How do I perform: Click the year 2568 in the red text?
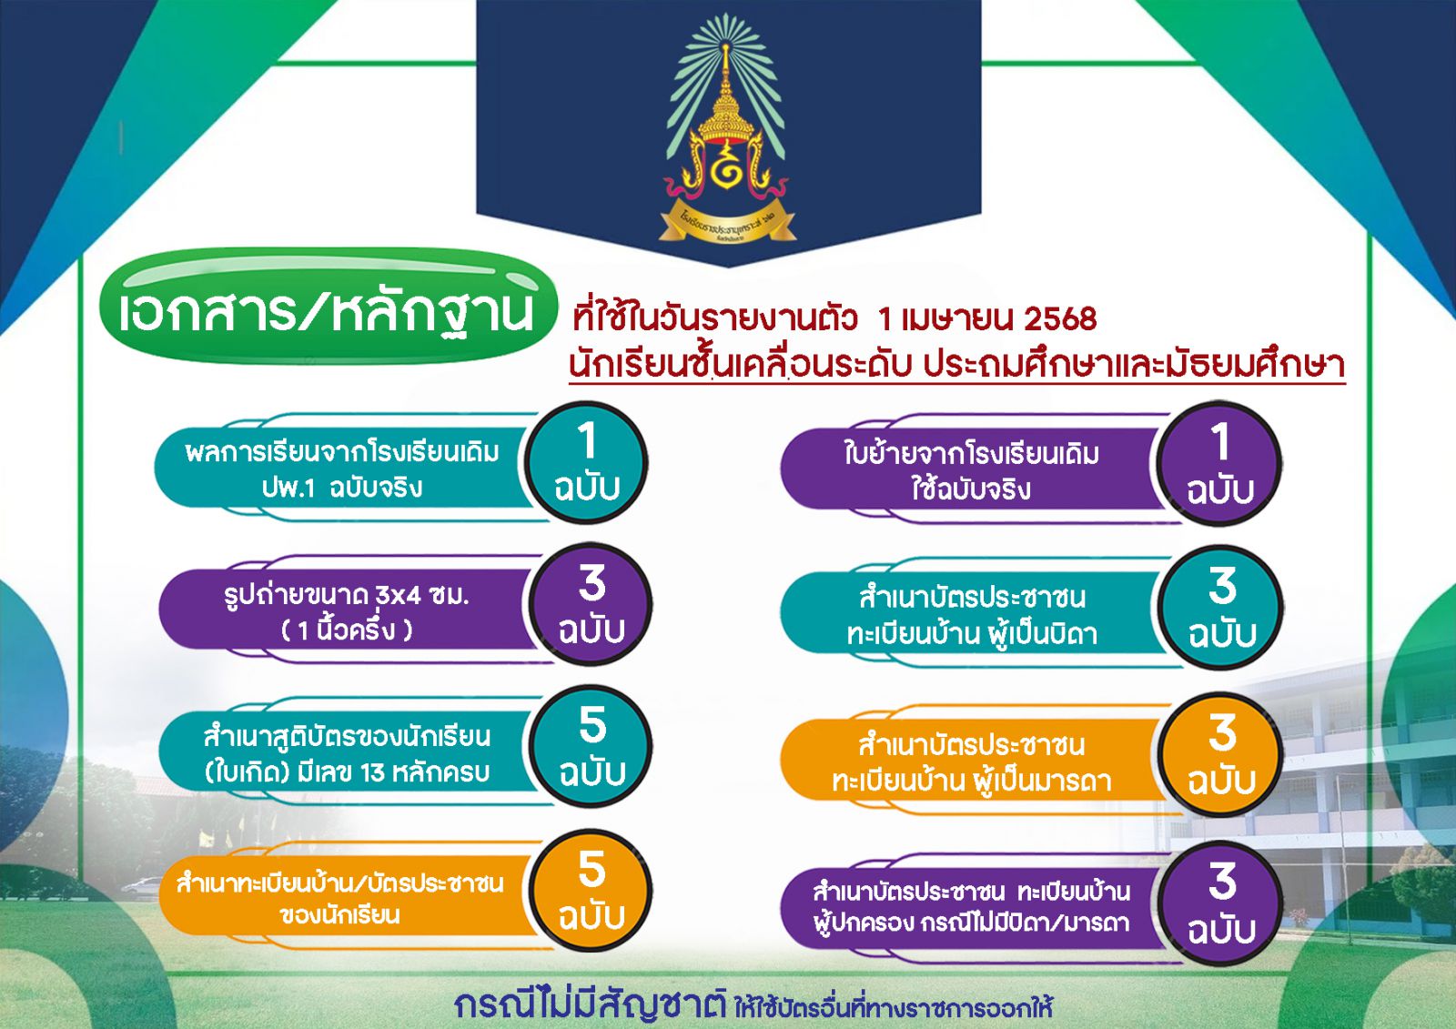1060,319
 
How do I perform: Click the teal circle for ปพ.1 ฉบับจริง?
587,463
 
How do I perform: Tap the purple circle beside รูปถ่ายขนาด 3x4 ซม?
591,604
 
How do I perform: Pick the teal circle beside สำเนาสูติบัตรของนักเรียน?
591,747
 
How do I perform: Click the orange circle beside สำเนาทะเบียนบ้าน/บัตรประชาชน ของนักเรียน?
591,892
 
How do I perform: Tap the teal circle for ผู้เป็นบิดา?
1221,608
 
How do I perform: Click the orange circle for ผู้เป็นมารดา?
1221,754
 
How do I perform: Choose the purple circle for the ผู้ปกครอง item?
1221,903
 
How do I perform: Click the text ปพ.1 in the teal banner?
288,489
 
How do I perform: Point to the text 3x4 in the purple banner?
397,595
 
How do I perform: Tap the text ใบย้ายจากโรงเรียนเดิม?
972,454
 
